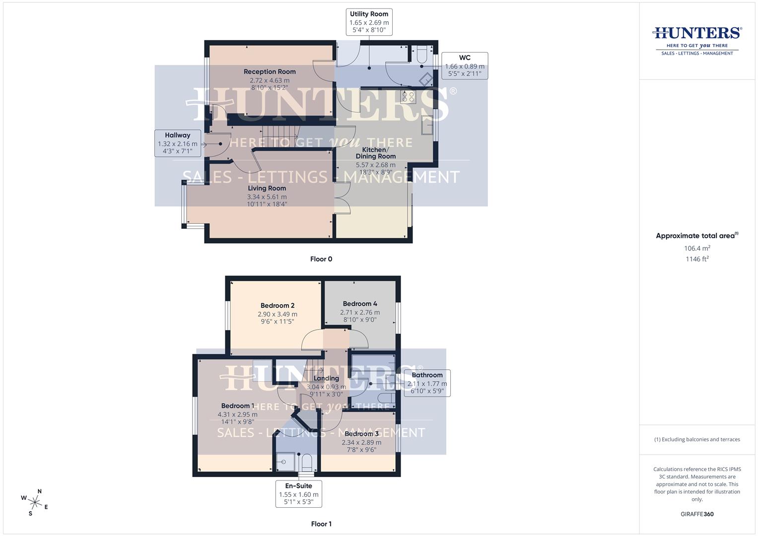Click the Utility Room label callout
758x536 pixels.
(x=369, y=22)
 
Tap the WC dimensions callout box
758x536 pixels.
(x=464, y=66)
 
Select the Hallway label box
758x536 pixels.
(x=177, y=143)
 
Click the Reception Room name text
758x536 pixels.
(x=270, y=71)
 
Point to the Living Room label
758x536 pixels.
(x=267, y=188)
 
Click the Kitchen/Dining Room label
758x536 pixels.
(x=376, y=153)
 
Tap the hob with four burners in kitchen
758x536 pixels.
(x=409, y=97)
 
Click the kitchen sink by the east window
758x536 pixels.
(x=426, y=126)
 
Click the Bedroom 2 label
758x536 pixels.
(x=277, y=305)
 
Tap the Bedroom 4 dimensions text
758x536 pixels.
(x=360, y=316)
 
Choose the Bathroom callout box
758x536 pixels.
(x=427, y=383)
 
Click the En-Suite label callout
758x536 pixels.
(x=298, y=494)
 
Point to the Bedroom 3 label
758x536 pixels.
(x=361, y=434)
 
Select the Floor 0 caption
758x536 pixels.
(x=321, y=259)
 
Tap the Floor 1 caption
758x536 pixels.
(x=321, y=524)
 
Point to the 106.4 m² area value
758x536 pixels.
(x=697, y=248)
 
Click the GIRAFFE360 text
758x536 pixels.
(x=697, y=514)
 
